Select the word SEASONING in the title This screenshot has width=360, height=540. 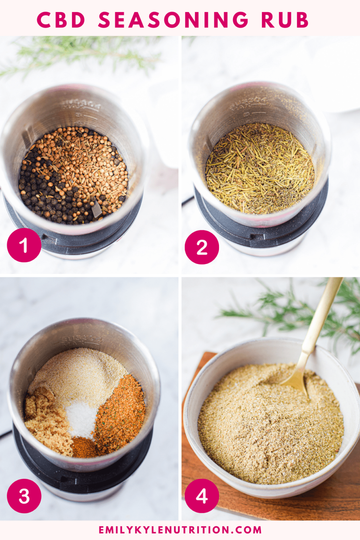173,20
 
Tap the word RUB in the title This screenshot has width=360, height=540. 285,20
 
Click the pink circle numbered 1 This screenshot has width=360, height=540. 24,245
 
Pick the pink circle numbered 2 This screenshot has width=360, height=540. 202,247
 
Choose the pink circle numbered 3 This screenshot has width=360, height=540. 24,496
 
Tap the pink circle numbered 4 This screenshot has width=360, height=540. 202,496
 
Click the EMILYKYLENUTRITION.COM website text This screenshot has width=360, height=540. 180,530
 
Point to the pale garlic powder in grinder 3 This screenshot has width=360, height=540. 81,373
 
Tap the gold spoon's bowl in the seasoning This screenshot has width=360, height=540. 295,381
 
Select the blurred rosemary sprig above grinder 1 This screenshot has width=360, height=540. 81,56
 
